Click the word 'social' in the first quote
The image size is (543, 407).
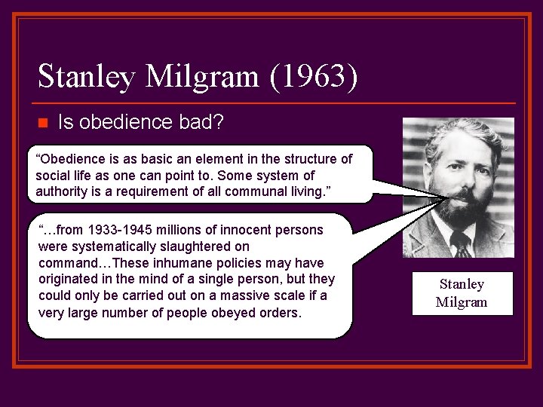[x=54, y=176]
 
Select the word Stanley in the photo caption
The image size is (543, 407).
[x=462, y=284]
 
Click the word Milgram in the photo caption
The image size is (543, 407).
[x=462, y=302]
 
